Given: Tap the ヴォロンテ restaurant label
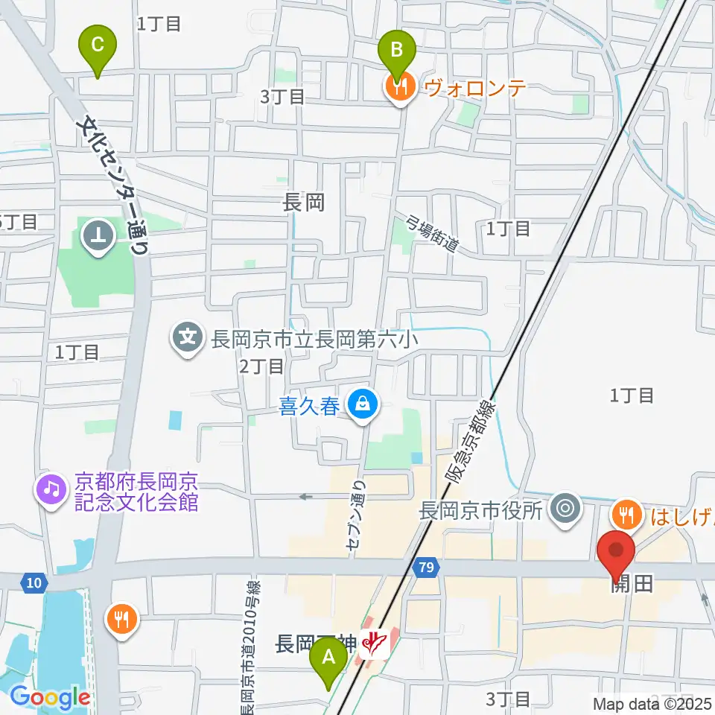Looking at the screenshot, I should pos(476,88).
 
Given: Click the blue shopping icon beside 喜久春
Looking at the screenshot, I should pos(363,405).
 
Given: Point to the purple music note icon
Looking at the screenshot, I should pos(51,490).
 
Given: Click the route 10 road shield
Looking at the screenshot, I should pos(33,582).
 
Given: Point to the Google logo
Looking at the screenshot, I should pos(50,697).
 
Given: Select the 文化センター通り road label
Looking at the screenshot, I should pos(115,182).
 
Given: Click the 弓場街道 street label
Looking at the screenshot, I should pos(433,232).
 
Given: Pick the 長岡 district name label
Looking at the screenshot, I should pos(304,202).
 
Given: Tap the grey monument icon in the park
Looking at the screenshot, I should pos(98,237).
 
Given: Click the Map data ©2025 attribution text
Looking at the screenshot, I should pos(652,702).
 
